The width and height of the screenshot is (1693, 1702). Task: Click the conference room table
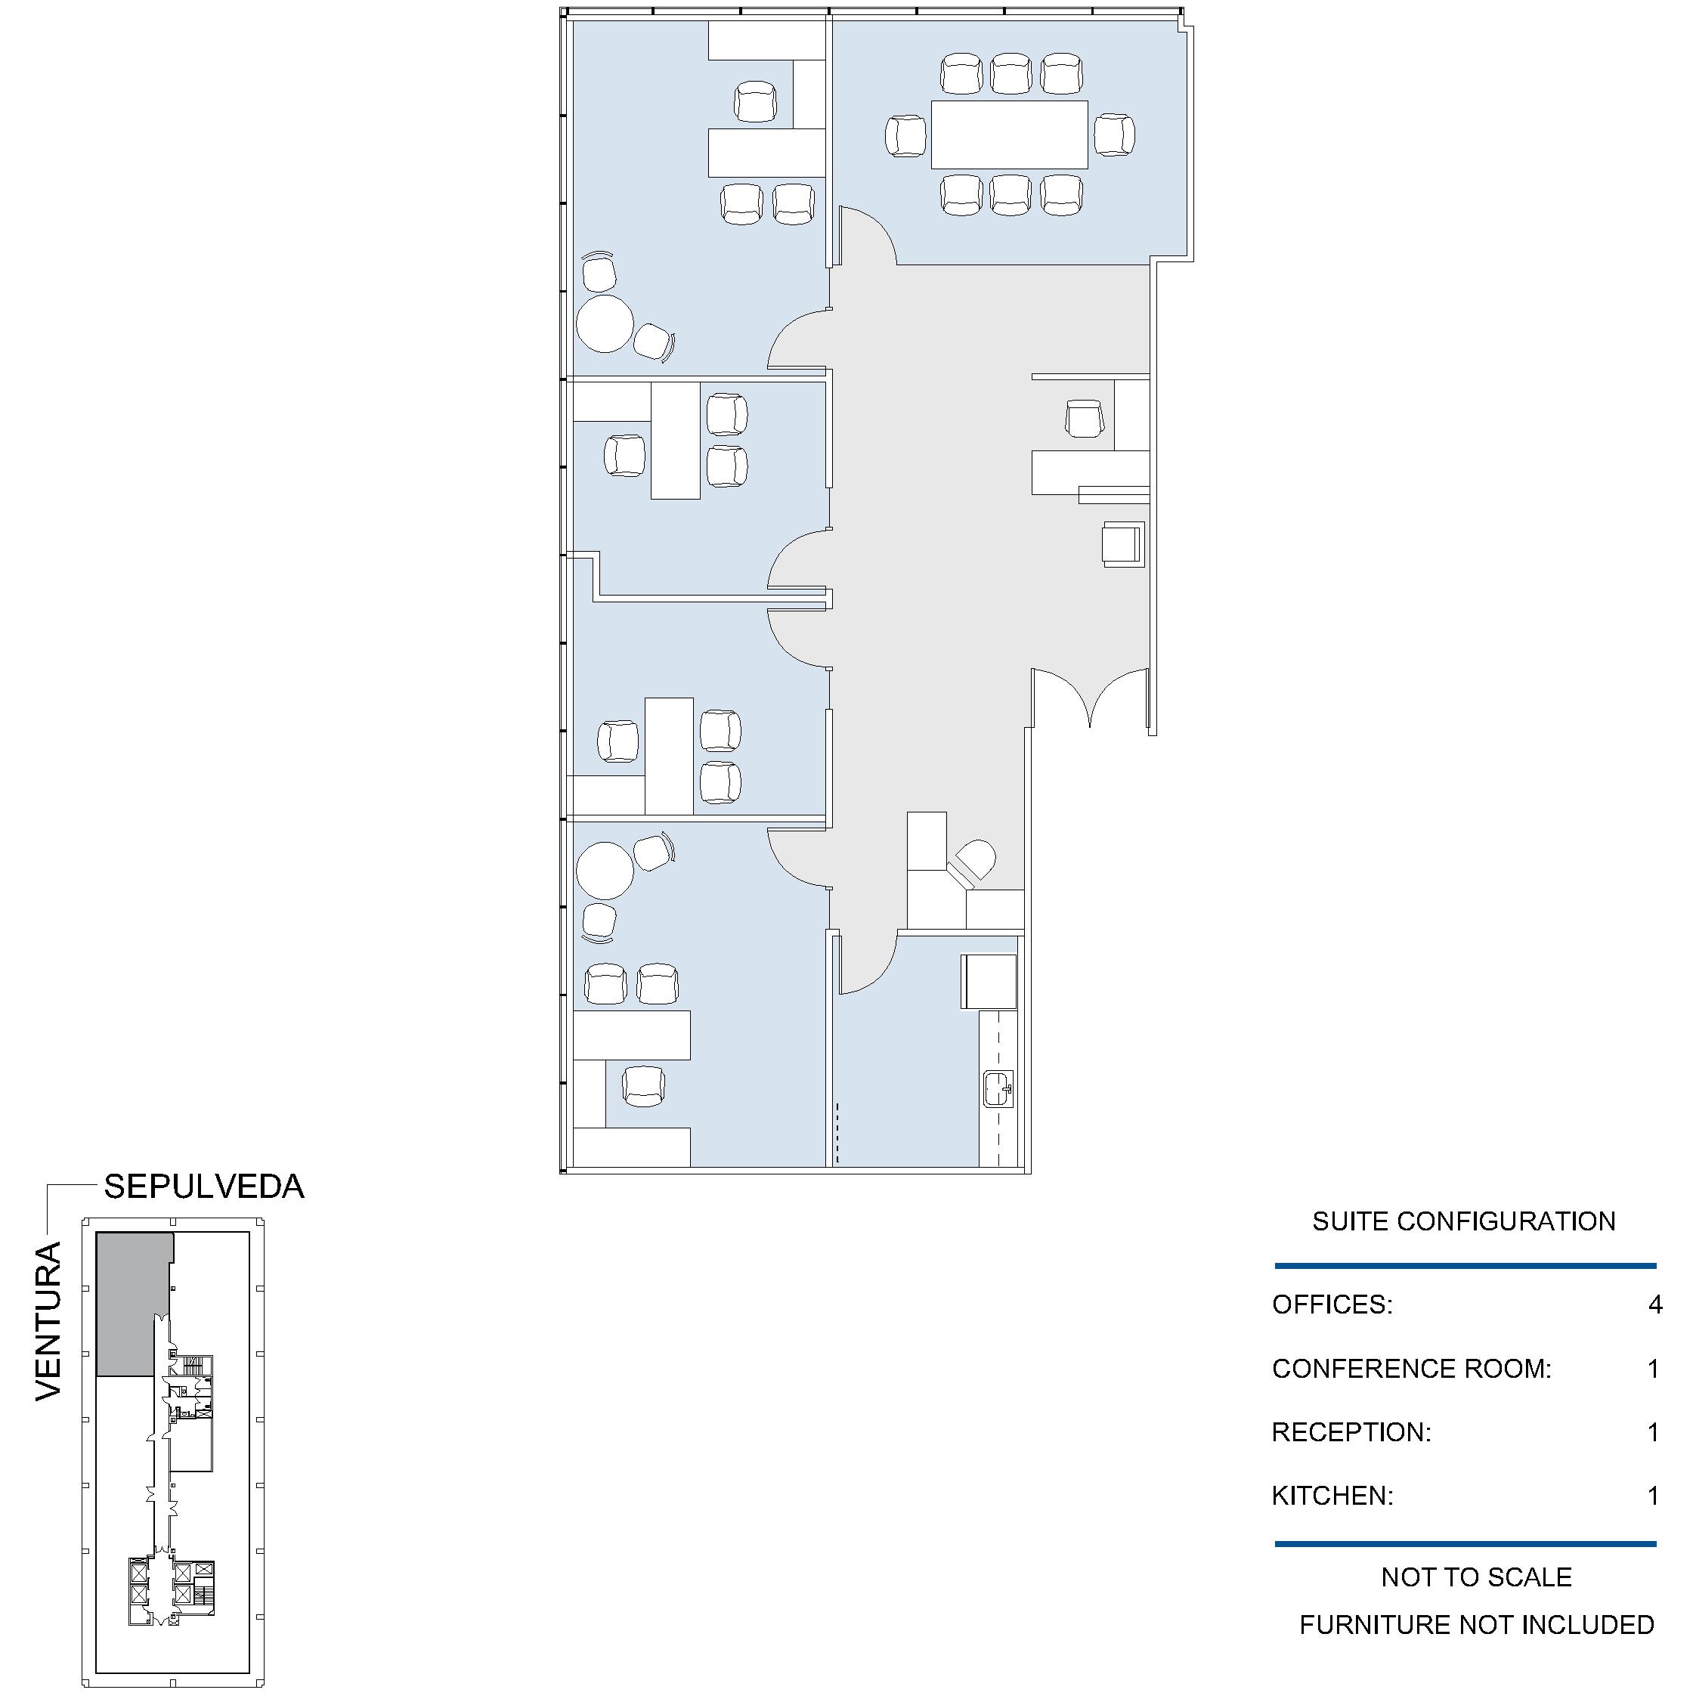pyautogui.click(x=1010, y=135)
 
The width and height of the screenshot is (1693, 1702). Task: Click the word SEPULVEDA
pyautogui.click(x=204, y=1187)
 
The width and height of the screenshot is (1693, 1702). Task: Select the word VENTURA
pyautogui.click(x=48, y=1321)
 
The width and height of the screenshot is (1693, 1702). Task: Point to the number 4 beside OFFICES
pyautogui.click(x=1655, y=1304)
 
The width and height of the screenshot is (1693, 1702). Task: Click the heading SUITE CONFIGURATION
pyautogui.click(x=1464, y=1222)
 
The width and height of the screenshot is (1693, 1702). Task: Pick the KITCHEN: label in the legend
pyautogui.click(x=1332, y=1495)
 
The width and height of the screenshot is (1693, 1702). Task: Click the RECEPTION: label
pyautogui.click(x=1352, y=1431)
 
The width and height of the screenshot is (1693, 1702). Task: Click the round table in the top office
pyautogui.click(x=605, y=324)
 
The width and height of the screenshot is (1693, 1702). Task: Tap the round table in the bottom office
pyautogui.click(x=605, y=871)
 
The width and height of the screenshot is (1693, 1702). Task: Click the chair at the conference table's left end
pyautogui.click(x=905, y=137)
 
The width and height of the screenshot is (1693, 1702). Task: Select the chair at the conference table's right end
pyautogui.click(x=1114, y=136)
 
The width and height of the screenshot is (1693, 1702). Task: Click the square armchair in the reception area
pyautogui.click(x=1123, y=544)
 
